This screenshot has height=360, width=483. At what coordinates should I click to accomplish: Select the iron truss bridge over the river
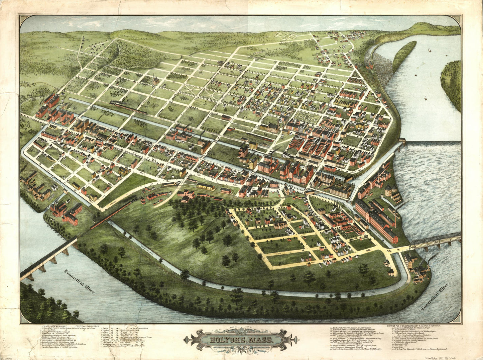(436, 239)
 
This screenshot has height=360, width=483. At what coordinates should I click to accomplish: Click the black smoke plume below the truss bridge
(432, 257)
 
